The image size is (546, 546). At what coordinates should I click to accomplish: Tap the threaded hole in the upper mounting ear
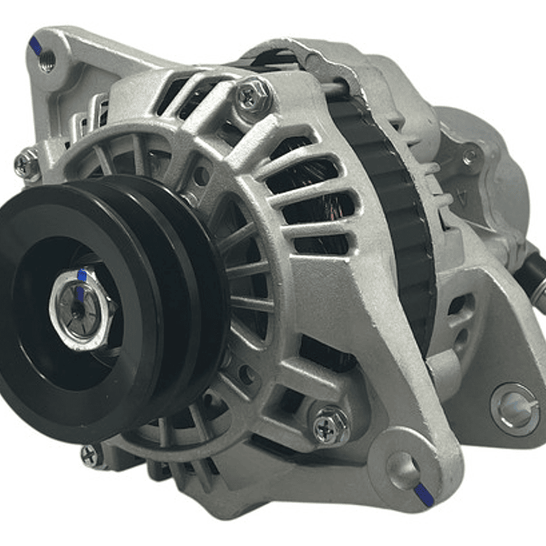point(48,62)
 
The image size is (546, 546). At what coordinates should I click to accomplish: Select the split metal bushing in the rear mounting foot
point(516,409)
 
